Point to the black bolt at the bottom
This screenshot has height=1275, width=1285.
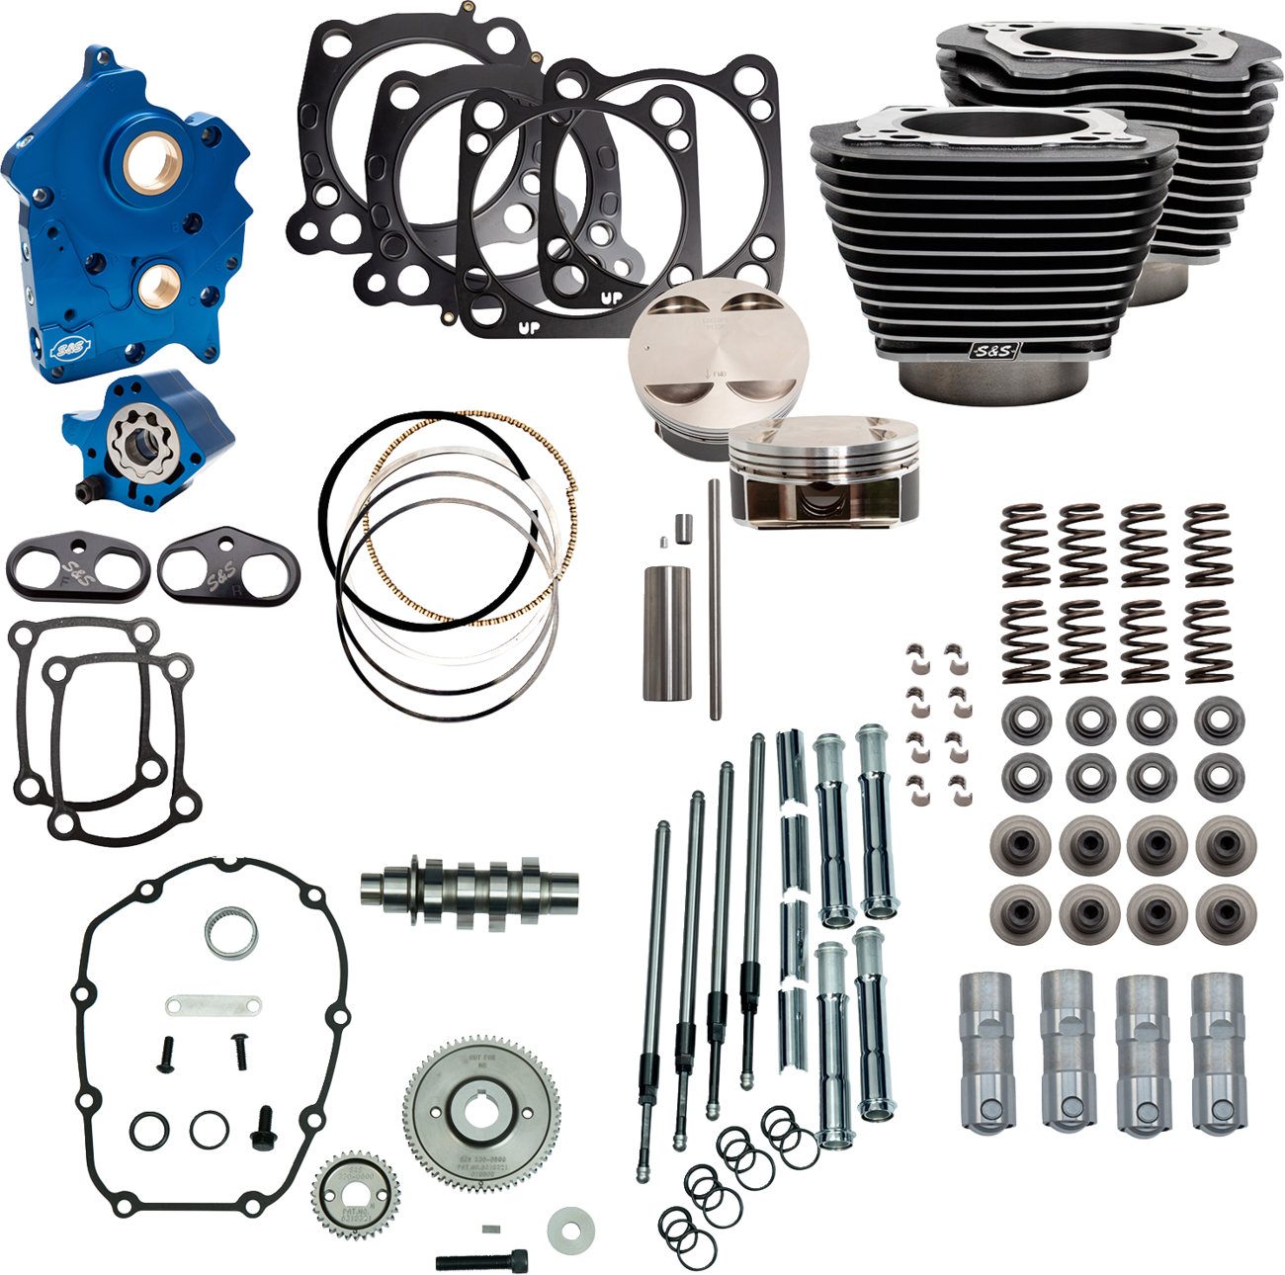(480, 1261)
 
